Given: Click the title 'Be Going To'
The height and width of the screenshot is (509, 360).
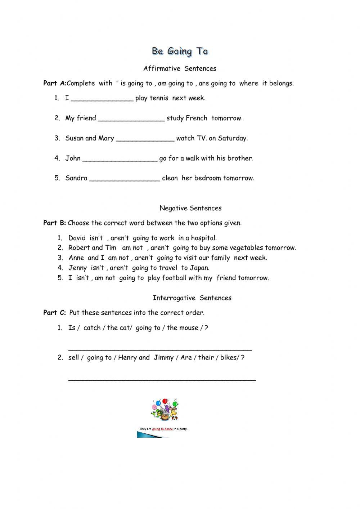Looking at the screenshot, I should click(x=180, y=51).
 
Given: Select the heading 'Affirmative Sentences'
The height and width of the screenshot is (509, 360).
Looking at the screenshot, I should click(x=180, y=68).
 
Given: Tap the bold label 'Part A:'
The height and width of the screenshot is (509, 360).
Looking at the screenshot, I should click(x=54, y=83).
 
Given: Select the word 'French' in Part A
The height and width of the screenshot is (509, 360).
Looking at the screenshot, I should click(x=196, y=118).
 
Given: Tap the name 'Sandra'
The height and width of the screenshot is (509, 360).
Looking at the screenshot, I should click(x=76, y=178).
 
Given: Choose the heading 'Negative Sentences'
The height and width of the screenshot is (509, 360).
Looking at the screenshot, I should click(x=190, y=208).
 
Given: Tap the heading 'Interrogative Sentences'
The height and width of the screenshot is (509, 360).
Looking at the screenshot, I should click(x=192, y=298).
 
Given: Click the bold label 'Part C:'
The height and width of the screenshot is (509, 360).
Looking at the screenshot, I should click(x=54, y=313).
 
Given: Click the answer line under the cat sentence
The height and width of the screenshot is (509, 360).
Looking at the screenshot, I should click(x=160, y=349).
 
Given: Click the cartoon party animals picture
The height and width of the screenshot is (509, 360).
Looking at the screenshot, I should click(x=165, y=410).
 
